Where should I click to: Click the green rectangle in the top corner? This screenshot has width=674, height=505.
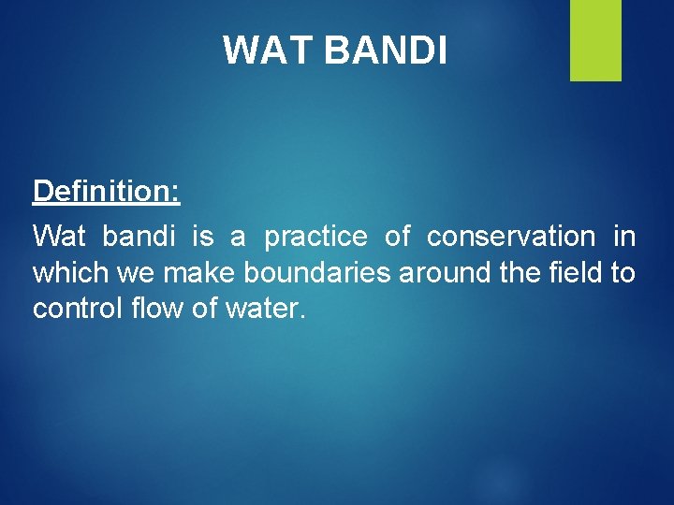pos(595,39)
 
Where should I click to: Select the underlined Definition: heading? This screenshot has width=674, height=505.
pos(106,192)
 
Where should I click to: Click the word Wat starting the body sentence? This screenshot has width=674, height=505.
pos(58,237)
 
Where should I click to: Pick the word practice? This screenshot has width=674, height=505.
pos(315,237)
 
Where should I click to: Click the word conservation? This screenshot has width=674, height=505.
pos(510,237)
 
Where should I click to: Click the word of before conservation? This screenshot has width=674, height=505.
pos(397,237)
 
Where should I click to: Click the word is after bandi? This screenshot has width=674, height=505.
pos(202,237)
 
